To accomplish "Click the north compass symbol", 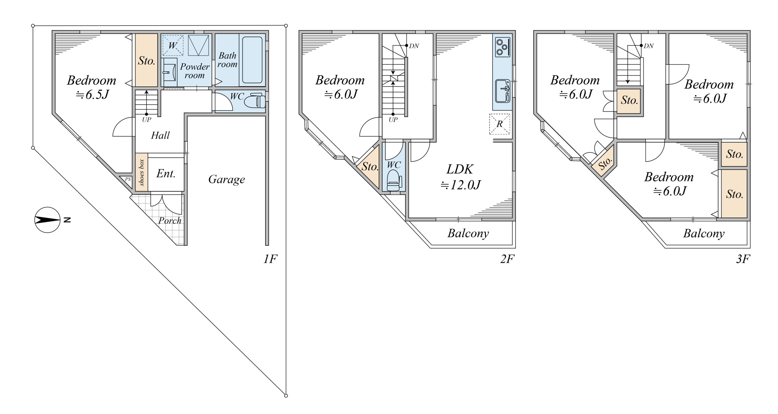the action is click(x=47, y=220).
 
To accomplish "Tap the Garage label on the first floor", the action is click(x=226, y=179).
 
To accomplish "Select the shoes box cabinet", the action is click(x=142, y=172).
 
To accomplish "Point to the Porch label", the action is click(x=170, y=221).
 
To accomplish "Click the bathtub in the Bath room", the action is click(x=252, y=60).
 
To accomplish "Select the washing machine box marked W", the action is click(x=173, y=46).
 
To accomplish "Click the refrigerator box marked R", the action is click(x=499, y=124).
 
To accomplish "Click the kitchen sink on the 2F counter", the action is click(x=503, y=91).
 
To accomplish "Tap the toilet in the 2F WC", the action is click(x=394, y=180).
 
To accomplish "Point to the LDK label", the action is click(x=460, y=169).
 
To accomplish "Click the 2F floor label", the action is click(x=507, y=259).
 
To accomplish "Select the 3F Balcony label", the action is click(x=704, y=233).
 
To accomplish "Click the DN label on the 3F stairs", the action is click(x=649, y=46).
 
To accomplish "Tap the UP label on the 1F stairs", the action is click(x=146, y=120).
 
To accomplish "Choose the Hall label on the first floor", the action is click(x=160, y=135).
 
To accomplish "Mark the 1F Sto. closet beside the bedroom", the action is click(x=146, y=60).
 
